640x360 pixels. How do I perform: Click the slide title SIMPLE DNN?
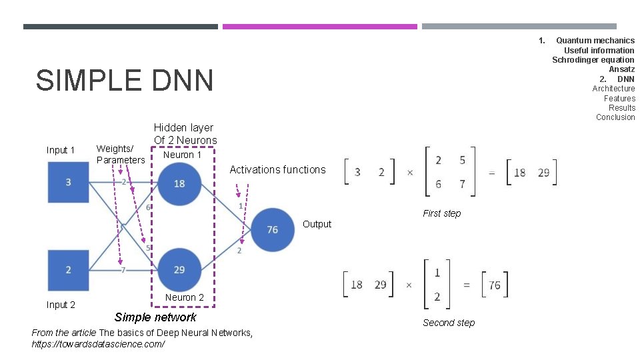pos(125,81)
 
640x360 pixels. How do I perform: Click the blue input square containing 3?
pos(68,183)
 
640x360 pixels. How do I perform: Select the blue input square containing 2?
pos(68,270)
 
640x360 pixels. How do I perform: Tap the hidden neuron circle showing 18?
pos(179,183)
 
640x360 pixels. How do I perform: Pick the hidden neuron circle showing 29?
pos(179,269)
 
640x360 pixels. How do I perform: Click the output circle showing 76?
pos(272,229)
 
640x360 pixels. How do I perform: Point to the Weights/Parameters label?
pos(120,154)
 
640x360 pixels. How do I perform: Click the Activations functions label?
pos(277,170)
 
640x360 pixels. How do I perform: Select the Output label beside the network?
pos(317,224)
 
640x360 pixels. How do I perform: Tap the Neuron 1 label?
pos(182,155)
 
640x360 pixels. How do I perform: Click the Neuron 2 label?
pos(185,297)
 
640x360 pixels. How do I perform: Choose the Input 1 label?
pos(61,150)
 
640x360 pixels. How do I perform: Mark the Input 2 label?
pos(61,305)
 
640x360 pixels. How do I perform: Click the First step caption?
pos(441,213)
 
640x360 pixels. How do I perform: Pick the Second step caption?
pos(449,323)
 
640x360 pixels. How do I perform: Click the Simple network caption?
pos(155,317)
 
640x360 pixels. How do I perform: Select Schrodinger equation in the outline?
pos(593,60)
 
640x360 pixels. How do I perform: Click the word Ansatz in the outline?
pos(621,69)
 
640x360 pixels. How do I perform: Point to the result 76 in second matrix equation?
pos(494,285)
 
